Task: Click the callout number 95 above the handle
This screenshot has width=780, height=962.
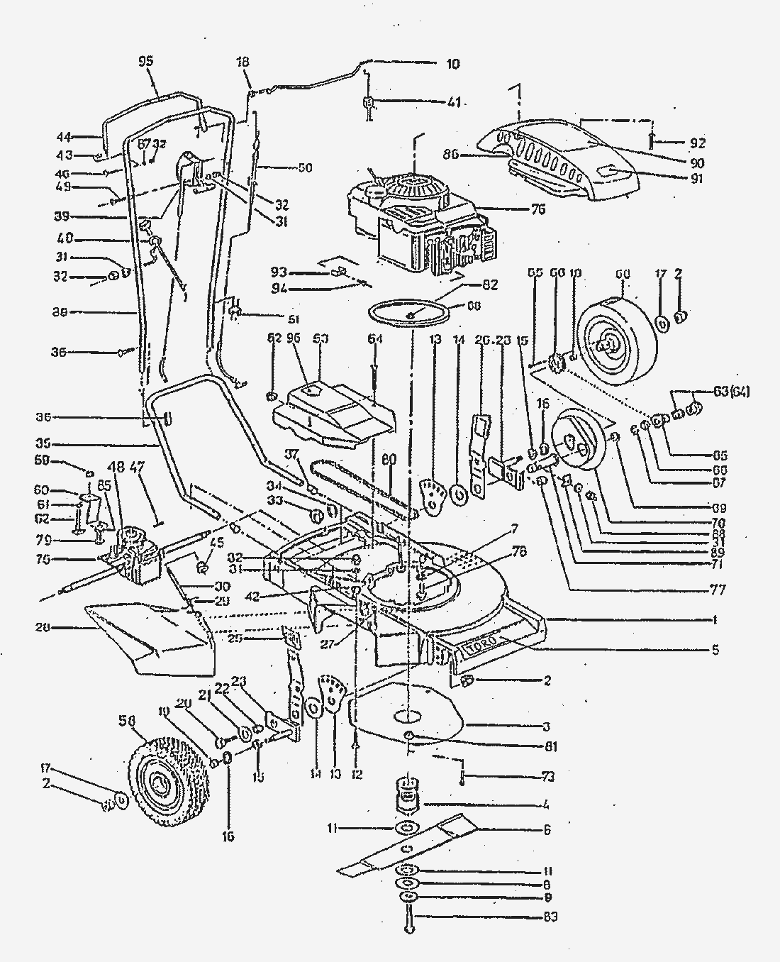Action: click(146, 62)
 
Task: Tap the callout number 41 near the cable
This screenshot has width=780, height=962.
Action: click(453, 102)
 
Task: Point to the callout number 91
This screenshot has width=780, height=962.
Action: click(698, 179)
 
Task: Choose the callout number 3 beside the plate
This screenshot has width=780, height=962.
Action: click(546, 726)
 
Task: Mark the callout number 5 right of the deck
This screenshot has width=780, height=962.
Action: click(715, 648)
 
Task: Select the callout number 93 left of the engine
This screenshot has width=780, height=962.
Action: click(279, 272)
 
